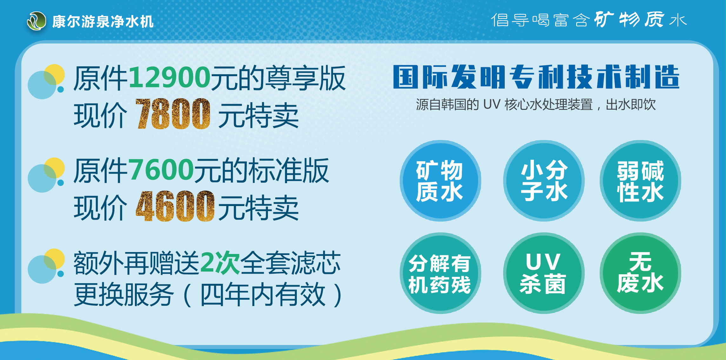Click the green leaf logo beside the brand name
tap(37, 21)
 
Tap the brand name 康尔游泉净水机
tap(103, 22)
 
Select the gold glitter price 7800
tap(173, 114)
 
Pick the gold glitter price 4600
tap(175, 206)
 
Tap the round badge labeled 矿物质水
tap(440, 181)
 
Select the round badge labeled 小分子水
tap(544, 181)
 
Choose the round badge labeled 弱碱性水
tap(640, 181)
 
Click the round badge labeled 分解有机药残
tap(440, 273)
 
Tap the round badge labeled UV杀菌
tap(544, 273)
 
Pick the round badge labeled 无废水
tap(640, 273)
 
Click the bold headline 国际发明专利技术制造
tap(536, 77)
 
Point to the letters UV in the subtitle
tap(492, 104)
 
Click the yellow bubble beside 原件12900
tap(54, 75)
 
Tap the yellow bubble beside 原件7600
tap(54, 168)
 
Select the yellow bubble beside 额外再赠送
tap(54, 259)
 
